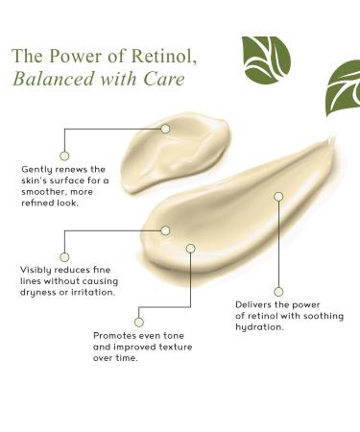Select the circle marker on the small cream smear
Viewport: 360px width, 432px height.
165,128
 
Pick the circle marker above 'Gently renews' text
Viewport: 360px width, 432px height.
64,155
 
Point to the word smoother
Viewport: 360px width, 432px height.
43,193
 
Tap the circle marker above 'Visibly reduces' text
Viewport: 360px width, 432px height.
64,255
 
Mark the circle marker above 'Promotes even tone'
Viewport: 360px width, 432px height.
139,322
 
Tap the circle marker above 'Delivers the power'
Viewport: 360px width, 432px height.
278,291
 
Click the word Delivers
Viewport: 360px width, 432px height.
252,304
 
